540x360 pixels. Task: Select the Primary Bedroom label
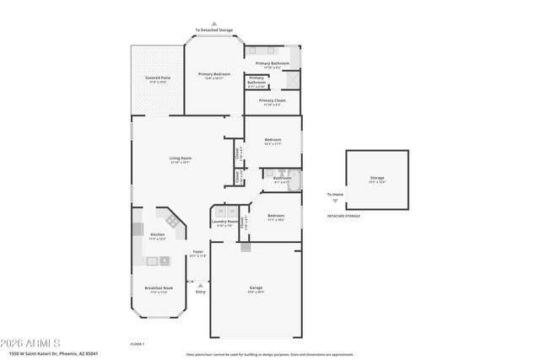(214, 74)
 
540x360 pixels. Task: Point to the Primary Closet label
(272, 100)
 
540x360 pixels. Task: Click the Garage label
(255, 288)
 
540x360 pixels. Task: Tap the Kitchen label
(157, 234)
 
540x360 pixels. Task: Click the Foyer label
(198, 251)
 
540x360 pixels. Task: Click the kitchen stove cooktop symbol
(172, 221)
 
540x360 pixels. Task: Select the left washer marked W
(221, 211)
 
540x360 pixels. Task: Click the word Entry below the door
(200, 292)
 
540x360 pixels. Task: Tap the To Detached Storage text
(214, 30)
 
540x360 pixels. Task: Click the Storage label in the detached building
(377, 178)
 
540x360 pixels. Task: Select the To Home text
(335, 195)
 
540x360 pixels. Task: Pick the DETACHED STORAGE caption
(343, 216)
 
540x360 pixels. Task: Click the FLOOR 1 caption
(138, 343)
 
